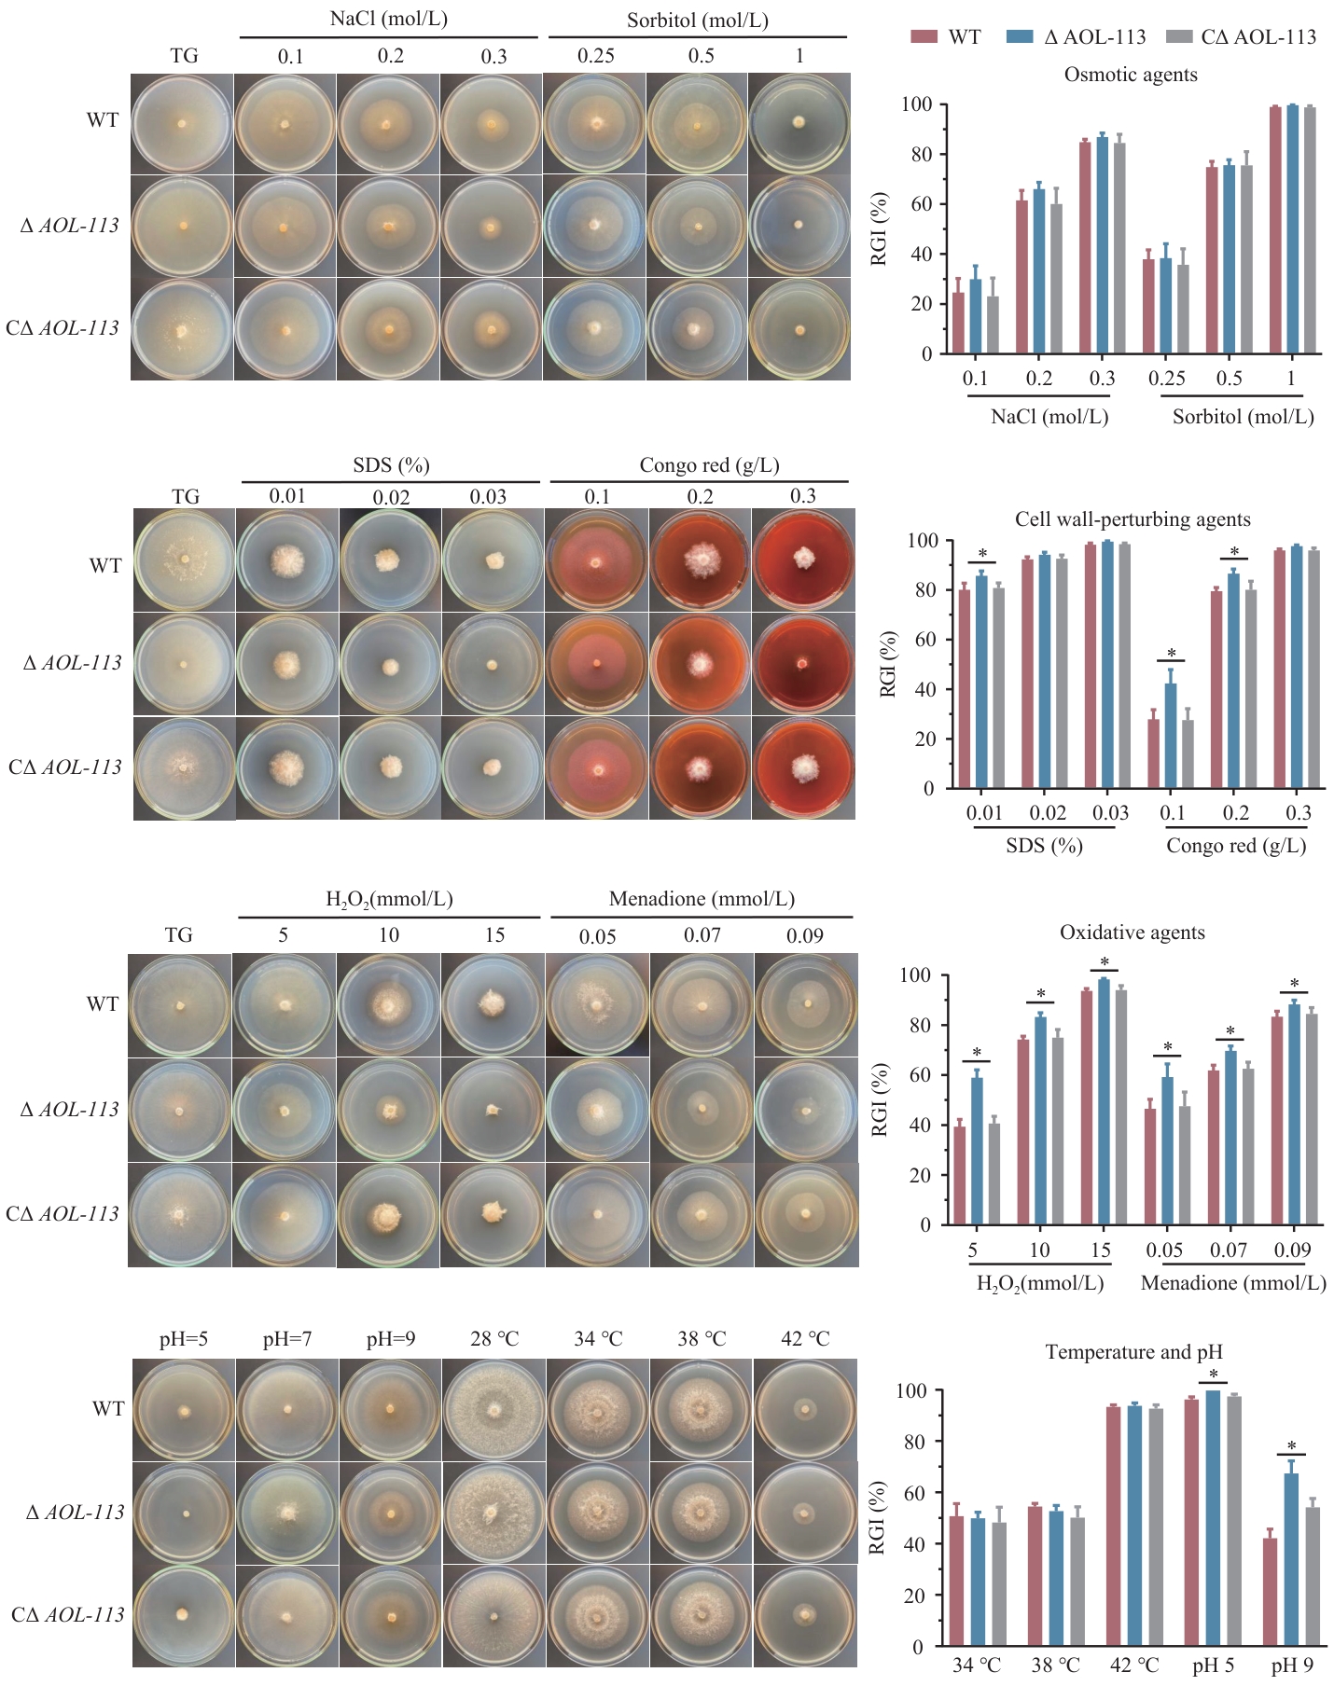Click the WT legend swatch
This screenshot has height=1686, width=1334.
click(x=924, y=36)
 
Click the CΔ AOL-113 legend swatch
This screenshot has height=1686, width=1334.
click(x=1180, y=36)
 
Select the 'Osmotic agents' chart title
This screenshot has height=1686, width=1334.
click(x=1131, y=75)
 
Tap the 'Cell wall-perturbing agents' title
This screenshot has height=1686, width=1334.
click(x=1133, y=519)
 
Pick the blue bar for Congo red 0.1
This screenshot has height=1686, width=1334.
click(x=1171, y=736)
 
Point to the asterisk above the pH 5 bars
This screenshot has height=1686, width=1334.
click(x=1214, y=1375)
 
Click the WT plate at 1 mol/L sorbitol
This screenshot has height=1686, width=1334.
click(x=799, y=123)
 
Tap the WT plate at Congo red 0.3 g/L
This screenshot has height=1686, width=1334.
click(x=802, y=560)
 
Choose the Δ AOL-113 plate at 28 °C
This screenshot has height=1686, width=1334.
click(x=493, y=1513)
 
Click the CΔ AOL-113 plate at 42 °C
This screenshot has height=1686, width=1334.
click(x=804, y=1615)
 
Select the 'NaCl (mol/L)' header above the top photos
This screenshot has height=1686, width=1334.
click(x=389, y=19)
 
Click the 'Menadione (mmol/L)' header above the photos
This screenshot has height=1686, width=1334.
click(x=702, y=899)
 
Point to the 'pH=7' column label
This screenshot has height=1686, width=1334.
click(x=287, y=1339)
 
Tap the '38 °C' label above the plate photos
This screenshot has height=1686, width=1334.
click(x=702, y=1339)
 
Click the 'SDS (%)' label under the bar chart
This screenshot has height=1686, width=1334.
click(x=1044, y=846)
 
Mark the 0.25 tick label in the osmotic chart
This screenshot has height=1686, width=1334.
click(x=1167, y=378)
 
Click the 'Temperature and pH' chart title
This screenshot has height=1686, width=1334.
click(x=1133, y=1352)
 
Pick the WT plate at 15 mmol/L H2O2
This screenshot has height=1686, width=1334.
click(x=492, y=1005)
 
